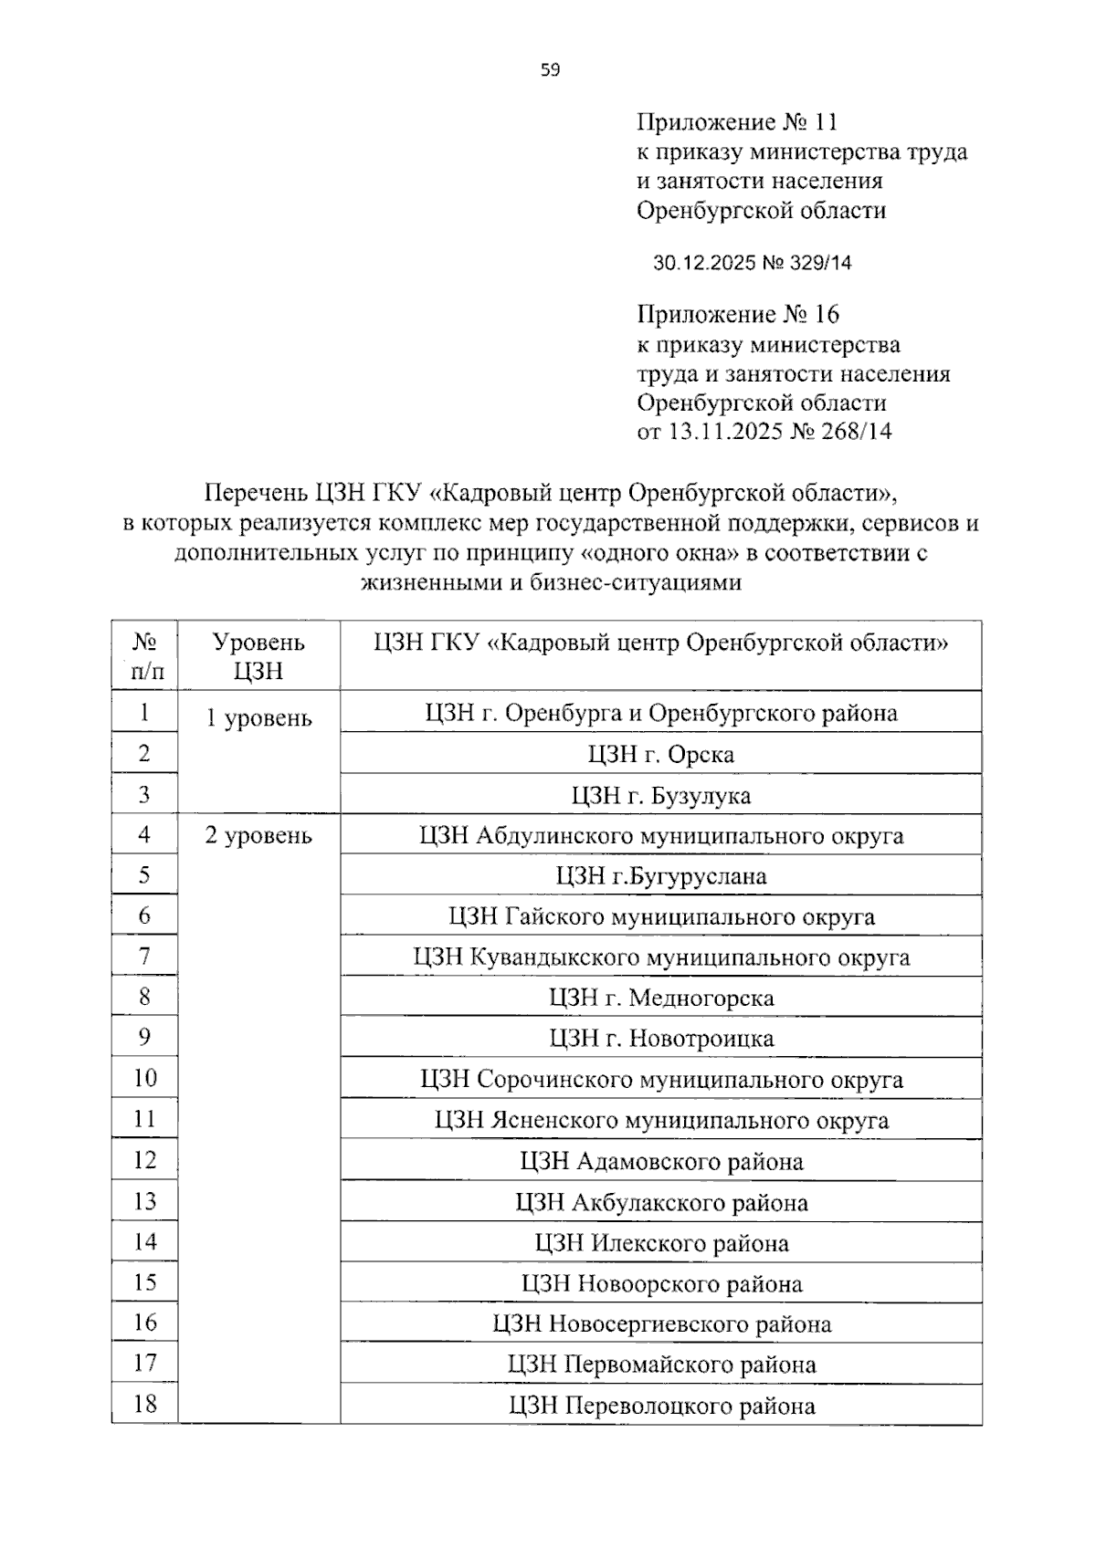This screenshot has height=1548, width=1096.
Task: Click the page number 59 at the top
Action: [x=550, y=69]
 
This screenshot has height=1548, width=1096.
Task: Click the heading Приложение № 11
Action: [x=736, y=122]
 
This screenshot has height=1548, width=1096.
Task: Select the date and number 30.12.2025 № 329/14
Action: [x=752, y=263]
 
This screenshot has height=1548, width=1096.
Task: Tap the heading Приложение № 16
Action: [x=737, y=315]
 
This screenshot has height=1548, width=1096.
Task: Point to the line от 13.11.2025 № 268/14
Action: [x=764, y=432]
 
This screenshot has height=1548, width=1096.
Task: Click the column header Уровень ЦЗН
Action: [x=258, y=655]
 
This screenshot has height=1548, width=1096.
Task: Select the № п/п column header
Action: [x=144, y=655]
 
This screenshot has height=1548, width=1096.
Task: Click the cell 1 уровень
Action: [x=258, y=718]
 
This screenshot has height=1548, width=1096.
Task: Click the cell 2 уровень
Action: [x=258, y=835]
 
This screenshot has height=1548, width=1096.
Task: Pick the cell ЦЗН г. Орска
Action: [x=660, y=754]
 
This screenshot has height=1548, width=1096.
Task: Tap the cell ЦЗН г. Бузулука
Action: [x=660, y=795]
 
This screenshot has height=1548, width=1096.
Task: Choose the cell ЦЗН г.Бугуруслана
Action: [x=660, y=876]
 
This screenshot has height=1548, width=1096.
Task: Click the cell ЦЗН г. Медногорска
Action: [x=660, y=998]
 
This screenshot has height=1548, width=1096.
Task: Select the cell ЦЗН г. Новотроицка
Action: [x=660, y=1038]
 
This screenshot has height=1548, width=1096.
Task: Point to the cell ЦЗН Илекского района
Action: [x=660, y=1243]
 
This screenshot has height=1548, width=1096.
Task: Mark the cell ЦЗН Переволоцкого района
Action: [x=660, y=1406]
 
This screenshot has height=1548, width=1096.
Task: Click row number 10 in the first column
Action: [x=144, y=1078]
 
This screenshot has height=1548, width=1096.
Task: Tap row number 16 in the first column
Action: [x=144, y=1323]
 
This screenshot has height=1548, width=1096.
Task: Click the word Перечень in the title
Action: [x=256, y=494]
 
